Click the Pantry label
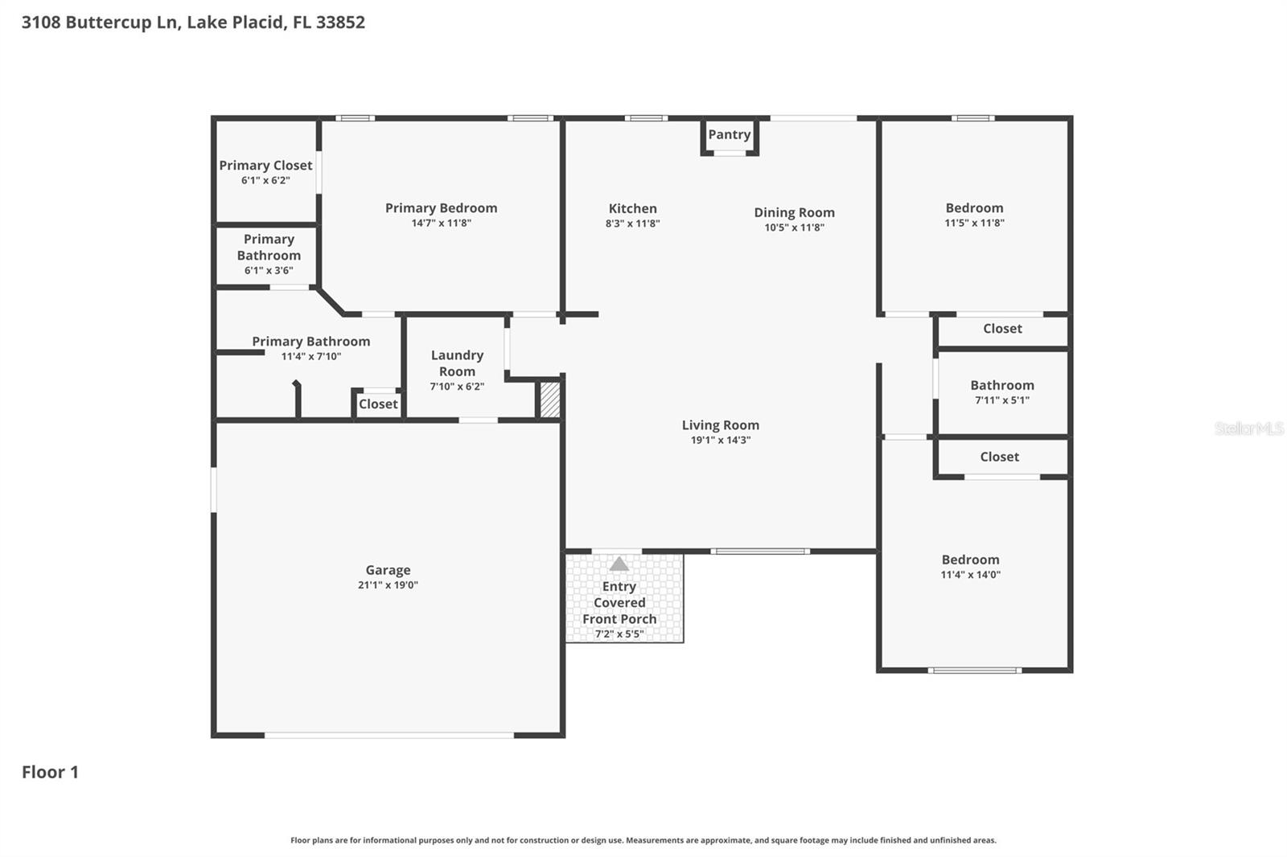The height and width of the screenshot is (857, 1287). pos(729,134)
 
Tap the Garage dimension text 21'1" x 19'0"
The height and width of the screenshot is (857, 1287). pos(388,585)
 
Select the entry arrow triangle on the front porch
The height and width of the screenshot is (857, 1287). pos(619,564)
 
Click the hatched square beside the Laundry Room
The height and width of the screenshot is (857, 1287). pos(549,400)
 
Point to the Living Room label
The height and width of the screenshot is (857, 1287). pos(720,425)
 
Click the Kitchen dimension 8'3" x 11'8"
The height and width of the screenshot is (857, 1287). pos(632,223)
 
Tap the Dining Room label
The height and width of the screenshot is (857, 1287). pos(794,212)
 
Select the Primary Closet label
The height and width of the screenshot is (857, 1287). pos(265,165)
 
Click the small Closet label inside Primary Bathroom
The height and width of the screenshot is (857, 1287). pos(378,404)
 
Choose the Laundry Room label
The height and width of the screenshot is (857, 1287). pos(457,363)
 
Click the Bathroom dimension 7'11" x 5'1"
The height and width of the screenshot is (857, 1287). pos(1001,400)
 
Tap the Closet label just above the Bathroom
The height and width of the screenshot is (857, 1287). pos(1002,328)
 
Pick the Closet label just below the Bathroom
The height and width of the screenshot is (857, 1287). pos(999,457)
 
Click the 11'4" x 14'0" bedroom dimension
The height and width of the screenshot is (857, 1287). pos(970,575)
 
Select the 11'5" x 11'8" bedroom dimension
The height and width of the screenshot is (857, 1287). pos(974,223)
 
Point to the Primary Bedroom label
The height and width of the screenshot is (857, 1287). pos(441,207)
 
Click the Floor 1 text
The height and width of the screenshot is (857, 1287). pos(50,772)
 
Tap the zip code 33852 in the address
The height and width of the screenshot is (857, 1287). pos(340,22)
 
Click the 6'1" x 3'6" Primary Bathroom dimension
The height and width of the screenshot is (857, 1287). pos(269,271)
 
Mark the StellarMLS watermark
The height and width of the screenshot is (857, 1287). pos(1248,428)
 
